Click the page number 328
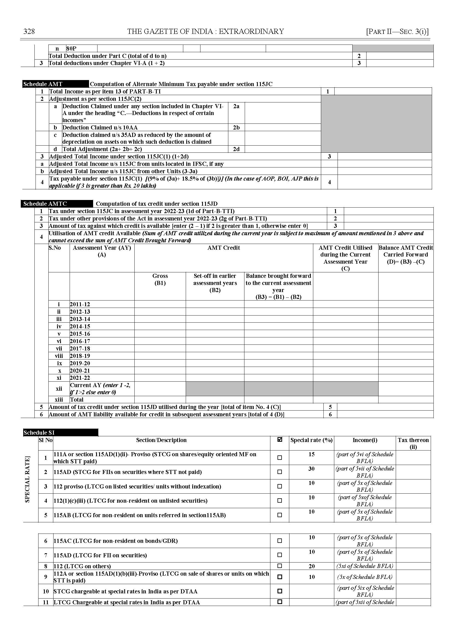click(29, 31)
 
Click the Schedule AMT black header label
click(43, 84)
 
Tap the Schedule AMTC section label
click(45, 204)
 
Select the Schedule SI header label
click(39, 432)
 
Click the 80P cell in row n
click(72, 49)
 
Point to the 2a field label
click(236, 106)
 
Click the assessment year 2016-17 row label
click(80, 341)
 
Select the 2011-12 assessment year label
click(80, 304)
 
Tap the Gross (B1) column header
click(160, 279)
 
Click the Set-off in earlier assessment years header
click(215, 283)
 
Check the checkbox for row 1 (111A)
click(280, 457)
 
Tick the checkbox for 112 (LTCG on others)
click(280, 566)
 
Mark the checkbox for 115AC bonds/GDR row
click(280, 541)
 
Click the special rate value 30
click(311, 469)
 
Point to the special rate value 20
click(312, 566)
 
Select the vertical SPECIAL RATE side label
click(27, 479)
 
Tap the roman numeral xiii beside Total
click(59, 400)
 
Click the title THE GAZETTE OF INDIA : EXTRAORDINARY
click(205, 31)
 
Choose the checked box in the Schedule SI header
click(280, 440)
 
